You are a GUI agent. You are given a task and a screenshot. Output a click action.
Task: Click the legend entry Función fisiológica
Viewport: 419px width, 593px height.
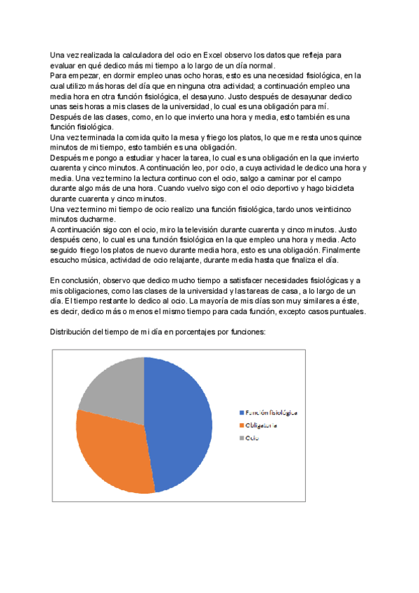(272, 412)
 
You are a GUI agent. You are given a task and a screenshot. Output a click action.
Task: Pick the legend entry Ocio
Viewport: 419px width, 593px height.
(252, 438)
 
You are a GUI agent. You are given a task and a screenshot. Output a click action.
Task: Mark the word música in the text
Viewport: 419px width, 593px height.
(92, 260)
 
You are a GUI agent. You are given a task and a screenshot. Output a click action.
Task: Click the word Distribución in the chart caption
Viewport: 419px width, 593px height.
(73, 332)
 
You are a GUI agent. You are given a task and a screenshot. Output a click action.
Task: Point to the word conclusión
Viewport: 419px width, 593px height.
(82, 280)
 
